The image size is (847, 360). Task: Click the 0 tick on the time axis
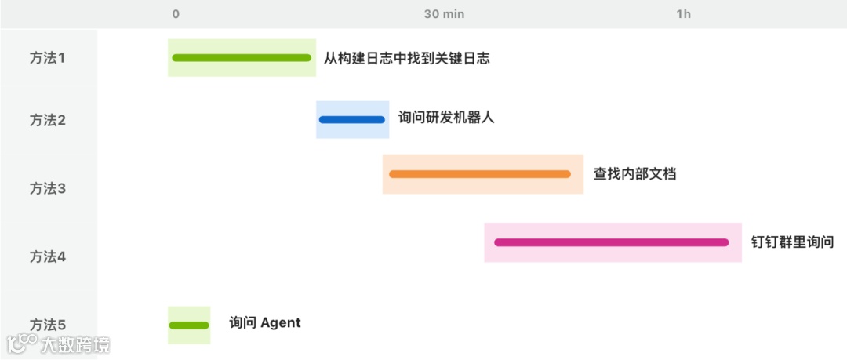[x=176, y=14]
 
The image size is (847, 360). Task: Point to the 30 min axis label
[x=444, y=14]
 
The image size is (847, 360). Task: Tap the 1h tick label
[x=684, y=14]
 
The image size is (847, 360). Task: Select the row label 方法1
[x=48, y=57]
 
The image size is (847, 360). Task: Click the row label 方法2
[x=48, y=120]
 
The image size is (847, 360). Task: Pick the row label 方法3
[x=48, y=188]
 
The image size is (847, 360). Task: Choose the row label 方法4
[x=48, y=256]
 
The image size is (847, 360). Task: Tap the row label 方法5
[x=48, y=325]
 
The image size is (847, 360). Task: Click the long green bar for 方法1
[x=242, y=57]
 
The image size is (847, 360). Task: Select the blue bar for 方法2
[x=352, y=120]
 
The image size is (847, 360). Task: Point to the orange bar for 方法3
[x=480, y=174]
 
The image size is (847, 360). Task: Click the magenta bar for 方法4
[x=612, y=242]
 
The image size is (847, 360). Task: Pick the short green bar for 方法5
[x=189, y=325]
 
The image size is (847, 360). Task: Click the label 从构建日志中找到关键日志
[x=406, y=58]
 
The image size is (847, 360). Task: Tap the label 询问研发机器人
[x=446, y=118]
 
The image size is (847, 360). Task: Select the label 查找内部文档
[x=634, y=174]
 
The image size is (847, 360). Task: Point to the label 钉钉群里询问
[x=792, y=242]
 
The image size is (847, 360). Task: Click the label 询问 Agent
[x=265, y=322]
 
